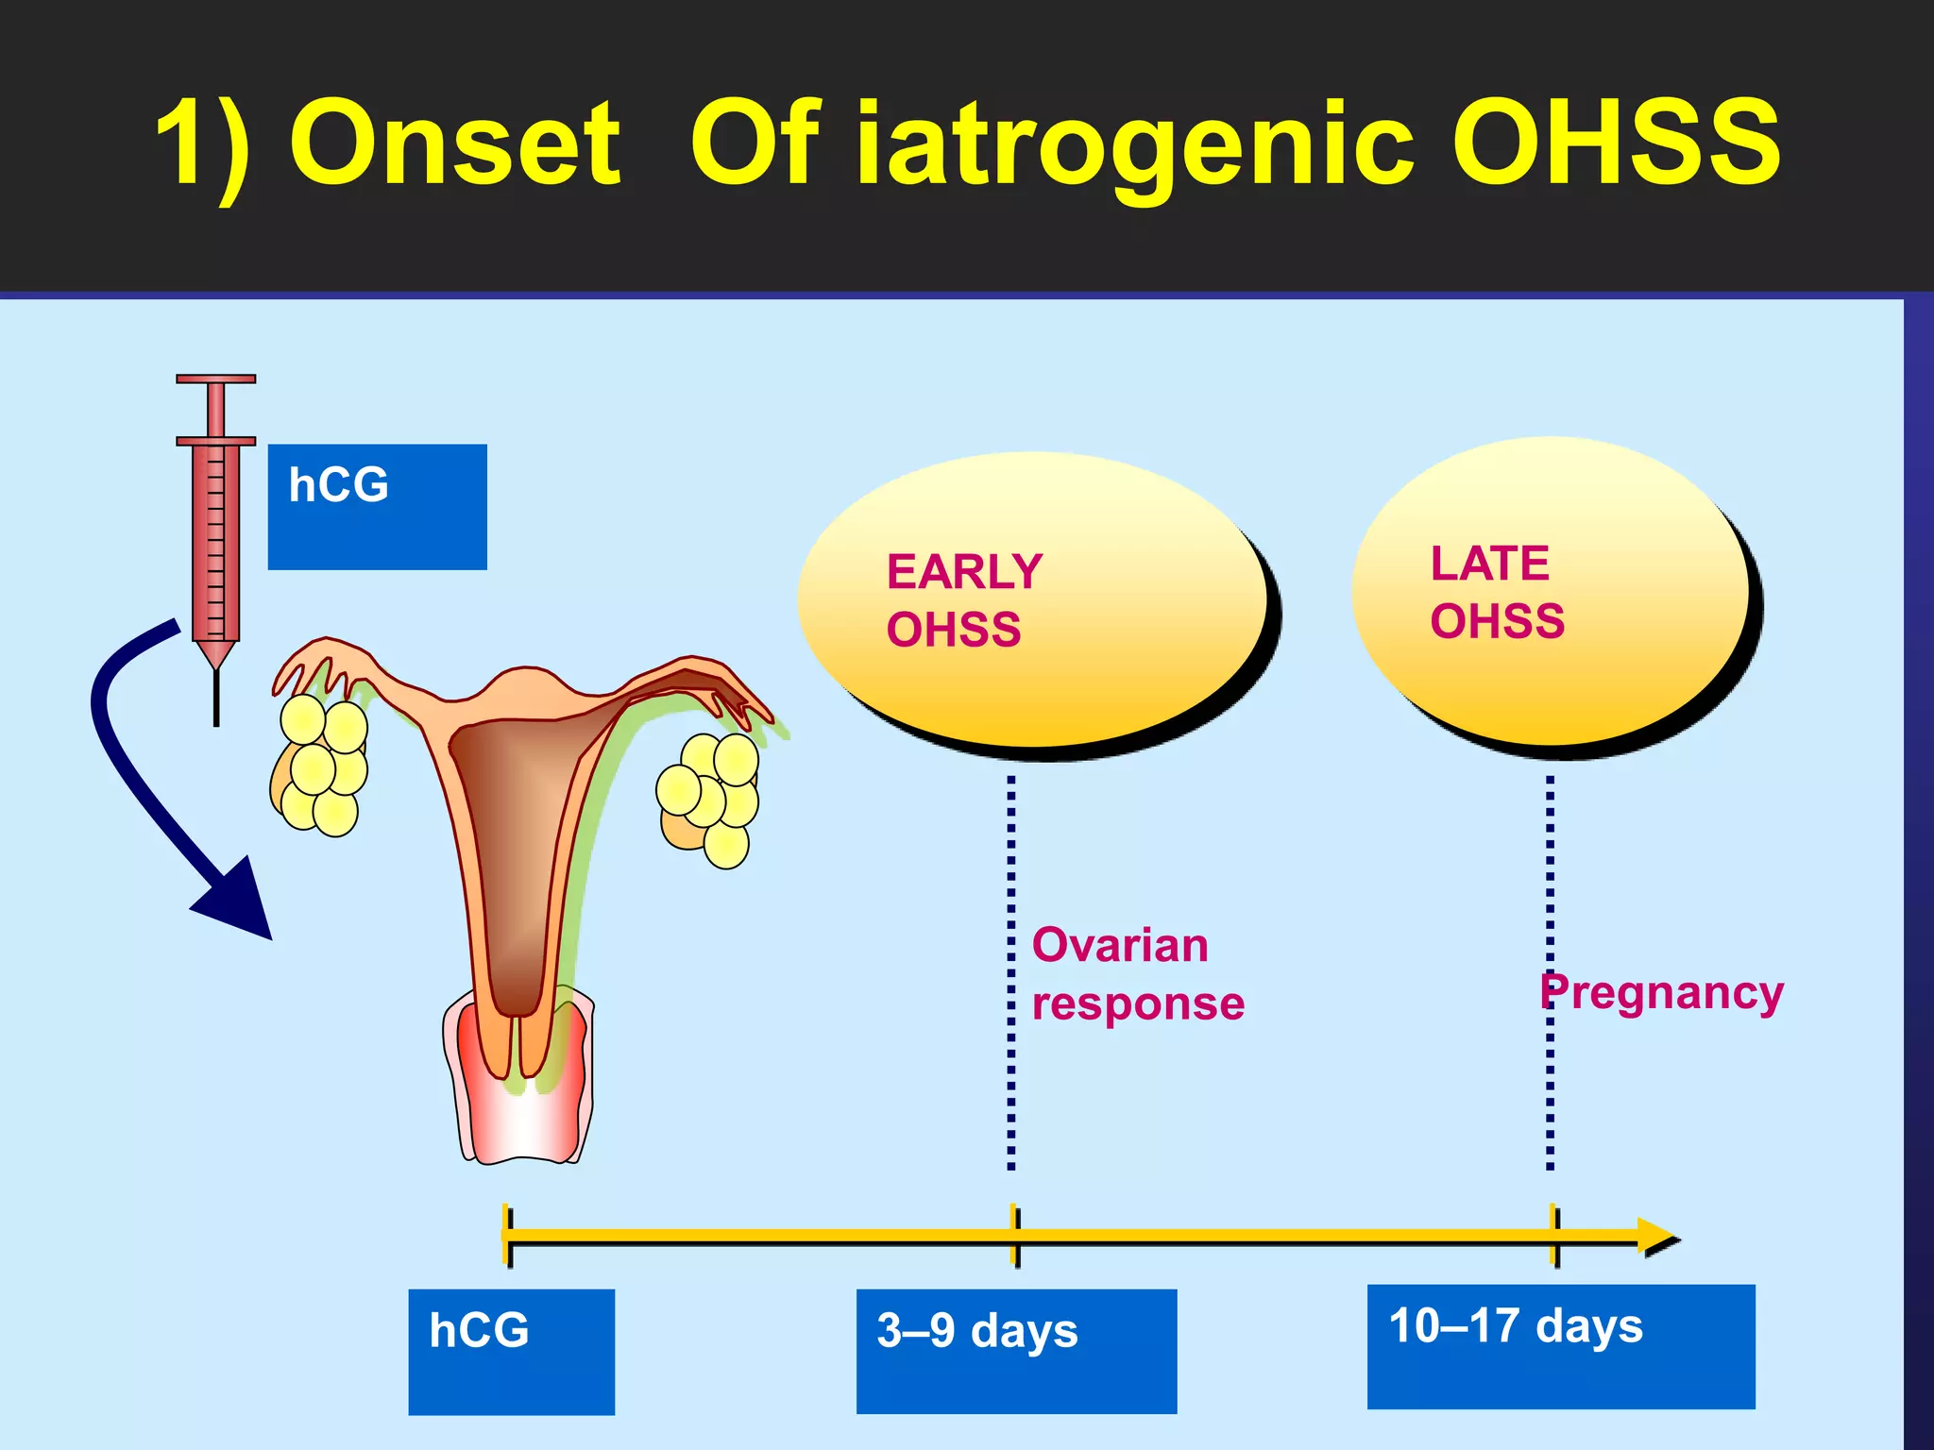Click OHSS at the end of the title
click(1615, 143)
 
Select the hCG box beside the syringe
click(377, 507)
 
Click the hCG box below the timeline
click(511, 1351)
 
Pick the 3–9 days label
click(1016, 1351)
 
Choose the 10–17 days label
click(1560, 1346)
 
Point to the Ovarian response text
click(1136, 973)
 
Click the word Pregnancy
click(1662, 992)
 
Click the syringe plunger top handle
click(215, 379)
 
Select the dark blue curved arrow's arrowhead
click(239, 902)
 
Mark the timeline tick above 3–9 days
click(1015, 1235)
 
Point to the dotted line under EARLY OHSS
click(1011, 972)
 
